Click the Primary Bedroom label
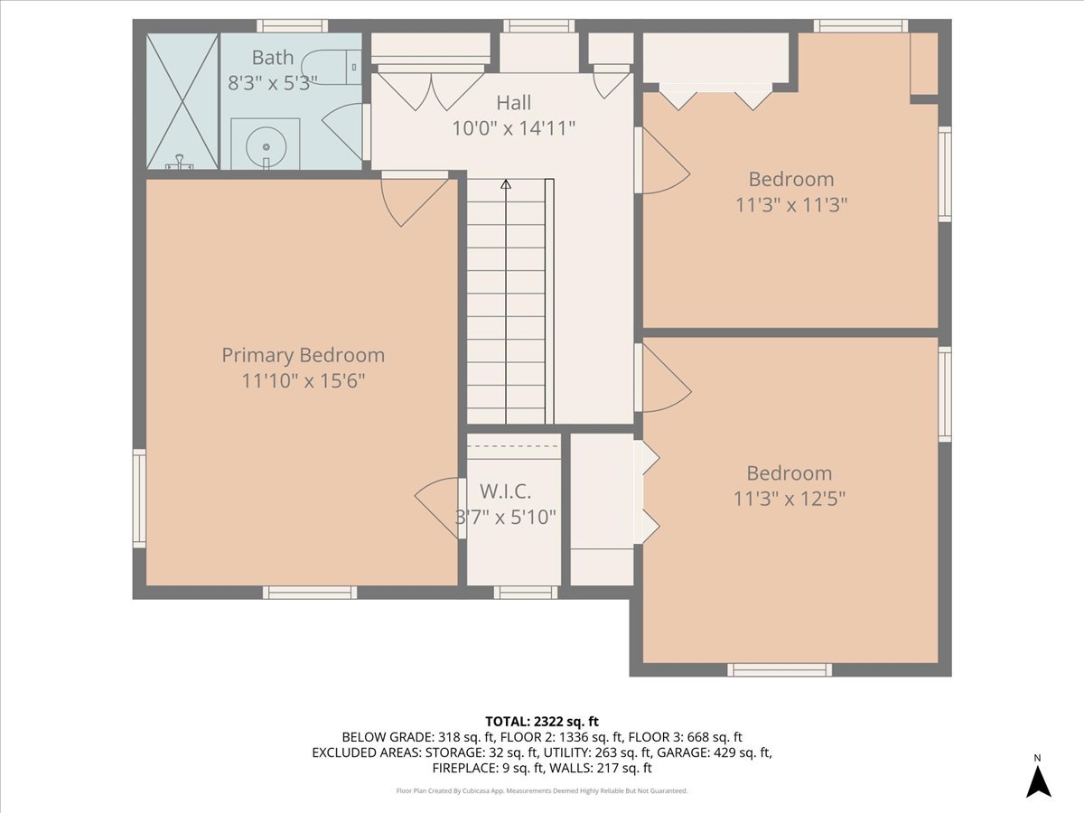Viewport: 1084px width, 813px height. point(303,355)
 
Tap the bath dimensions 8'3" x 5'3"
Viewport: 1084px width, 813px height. point(272,82)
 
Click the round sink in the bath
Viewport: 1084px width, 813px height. point(266,144)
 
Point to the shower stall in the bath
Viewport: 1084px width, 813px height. point(182,101)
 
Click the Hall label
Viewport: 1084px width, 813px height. point(513,103)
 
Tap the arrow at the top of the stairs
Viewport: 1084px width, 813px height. point(506,184)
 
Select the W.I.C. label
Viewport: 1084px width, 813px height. point(505,491)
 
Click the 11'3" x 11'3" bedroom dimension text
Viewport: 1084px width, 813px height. point(790,205)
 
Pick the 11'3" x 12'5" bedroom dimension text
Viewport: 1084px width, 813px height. point(790,499)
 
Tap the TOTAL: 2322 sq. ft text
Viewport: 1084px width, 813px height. point(542,721)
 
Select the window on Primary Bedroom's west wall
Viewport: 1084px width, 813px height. point(139,498)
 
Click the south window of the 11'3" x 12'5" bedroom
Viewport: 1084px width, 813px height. point(779,669)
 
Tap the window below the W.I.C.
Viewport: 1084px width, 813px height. point(525,593)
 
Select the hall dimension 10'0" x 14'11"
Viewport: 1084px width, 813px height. point(513,128)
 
